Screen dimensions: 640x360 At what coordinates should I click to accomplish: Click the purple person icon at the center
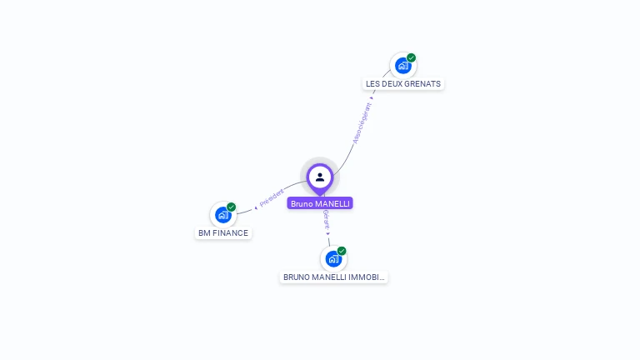tap(320, 177)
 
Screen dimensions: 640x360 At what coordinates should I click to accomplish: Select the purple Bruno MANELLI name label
tap(320, 203)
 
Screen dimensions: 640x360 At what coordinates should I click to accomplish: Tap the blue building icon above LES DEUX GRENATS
tap(403, 66)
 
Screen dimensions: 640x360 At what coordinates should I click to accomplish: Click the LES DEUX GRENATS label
tap(403, 83)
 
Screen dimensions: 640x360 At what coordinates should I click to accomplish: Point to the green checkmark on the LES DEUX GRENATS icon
tap(412, 57)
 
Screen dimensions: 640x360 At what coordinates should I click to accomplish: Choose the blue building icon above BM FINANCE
tap(222, 215)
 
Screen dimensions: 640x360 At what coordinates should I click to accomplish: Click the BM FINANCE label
tap(223, 233)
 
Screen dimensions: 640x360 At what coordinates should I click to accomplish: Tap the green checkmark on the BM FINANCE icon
tap(232, 207)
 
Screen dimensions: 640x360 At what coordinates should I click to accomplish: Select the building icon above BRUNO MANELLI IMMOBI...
tap(333, 259)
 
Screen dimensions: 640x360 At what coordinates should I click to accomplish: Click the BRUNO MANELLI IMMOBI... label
tap(333, 277)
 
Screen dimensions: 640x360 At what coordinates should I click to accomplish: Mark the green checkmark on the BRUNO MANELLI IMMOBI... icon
tap(342, 251)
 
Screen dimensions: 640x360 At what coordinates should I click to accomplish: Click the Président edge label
tap(272, 197)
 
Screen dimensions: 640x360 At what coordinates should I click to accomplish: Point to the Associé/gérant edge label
tap(361, 123)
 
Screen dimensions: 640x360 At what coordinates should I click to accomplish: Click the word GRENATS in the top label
tap(423, 83)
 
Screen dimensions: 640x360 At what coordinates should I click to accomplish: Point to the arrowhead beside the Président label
tap(256, 207)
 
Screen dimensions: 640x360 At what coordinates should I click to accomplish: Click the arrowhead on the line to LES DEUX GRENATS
tap(372, 97)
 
